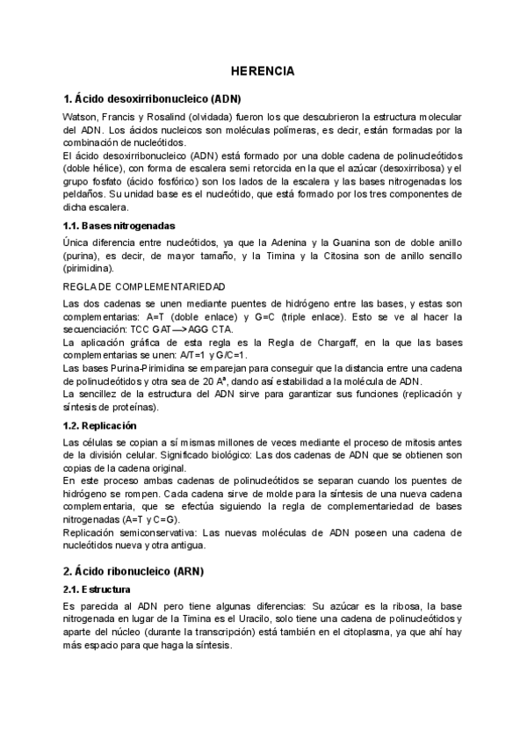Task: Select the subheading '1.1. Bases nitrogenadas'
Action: point(119,225)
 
